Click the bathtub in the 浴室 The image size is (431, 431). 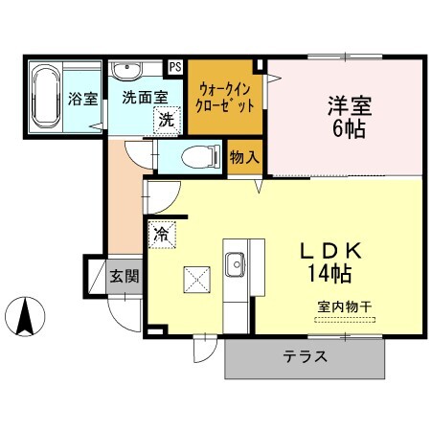click(x=45, y=98)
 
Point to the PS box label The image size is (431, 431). click(x=175, y=67)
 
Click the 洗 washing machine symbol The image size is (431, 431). click(x=167, y=120)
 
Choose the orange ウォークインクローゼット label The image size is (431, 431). click(x=225, y=98)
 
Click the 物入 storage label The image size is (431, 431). click(x=244, y=156)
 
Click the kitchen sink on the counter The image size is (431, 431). click(x=236, y=261)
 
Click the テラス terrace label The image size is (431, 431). click(x=306, y=357)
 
